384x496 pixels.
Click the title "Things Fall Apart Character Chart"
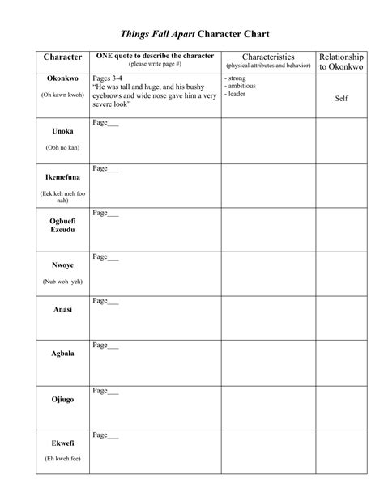(x=194, y=35)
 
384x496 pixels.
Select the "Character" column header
(x=62, y=57)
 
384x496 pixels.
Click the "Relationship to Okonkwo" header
(x=341, y=61)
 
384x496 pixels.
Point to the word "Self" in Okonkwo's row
(x=341, y=99)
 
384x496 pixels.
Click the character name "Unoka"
(x=62, y=131)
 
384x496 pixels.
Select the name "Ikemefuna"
(x=62, y=176)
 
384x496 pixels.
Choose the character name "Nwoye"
(x=62, y=264)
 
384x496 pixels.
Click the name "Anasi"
(x=62, y=307)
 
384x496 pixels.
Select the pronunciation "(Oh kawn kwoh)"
(x=62, y=95)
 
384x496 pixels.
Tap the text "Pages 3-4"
(x=109, y=78)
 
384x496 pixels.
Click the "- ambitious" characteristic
(x=241, y=86)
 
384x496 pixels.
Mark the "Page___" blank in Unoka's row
(x=105, y=123)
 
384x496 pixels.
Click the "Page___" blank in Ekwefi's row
(x=105, y=435)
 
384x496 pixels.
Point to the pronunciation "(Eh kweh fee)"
(x=62, y=460)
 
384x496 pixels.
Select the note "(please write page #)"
(x=155, y=64)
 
